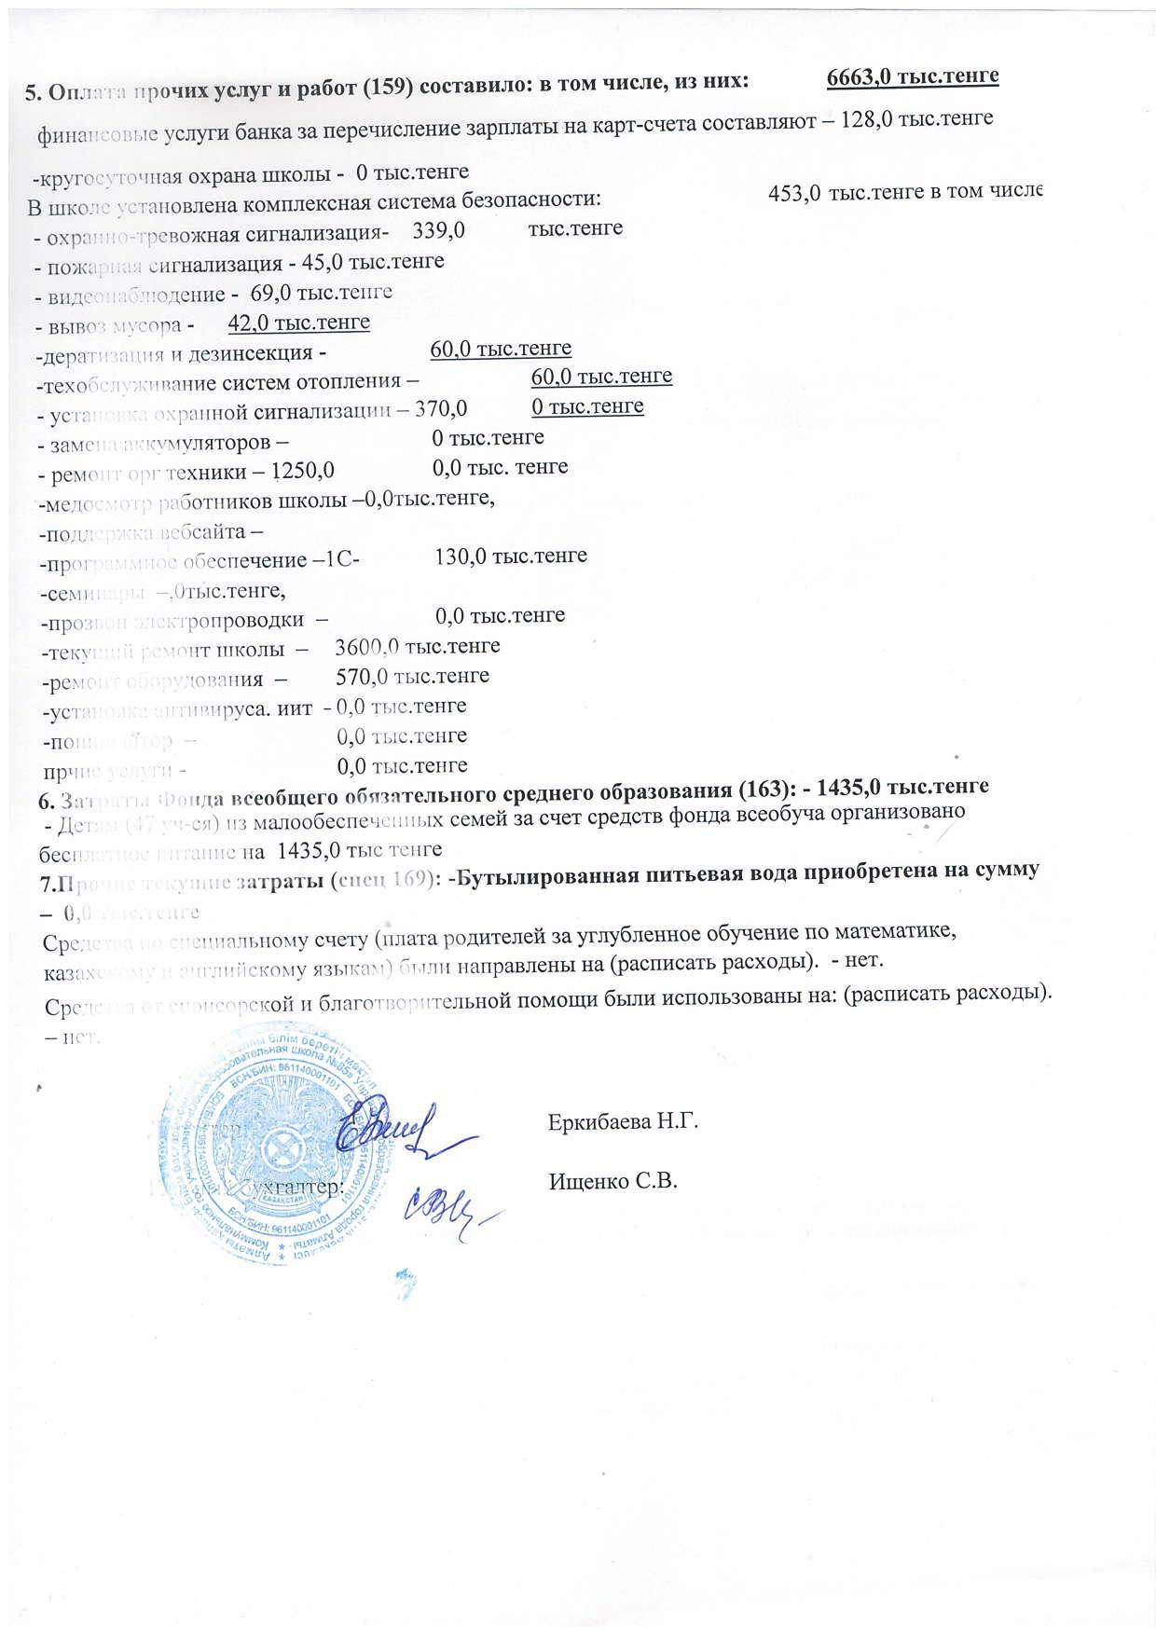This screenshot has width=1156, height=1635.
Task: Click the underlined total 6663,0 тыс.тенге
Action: (x=912, y=76)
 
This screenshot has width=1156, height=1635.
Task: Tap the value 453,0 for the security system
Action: (x=794, y=193)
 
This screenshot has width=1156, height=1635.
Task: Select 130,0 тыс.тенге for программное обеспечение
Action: (x=511, y=556)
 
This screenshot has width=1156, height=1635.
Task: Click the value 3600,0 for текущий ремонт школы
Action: (x=367, y=646)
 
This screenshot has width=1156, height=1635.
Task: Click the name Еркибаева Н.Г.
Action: (x=623, y=1121)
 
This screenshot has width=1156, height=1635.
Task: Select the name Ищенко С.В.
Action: (x=612, y=1181)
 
